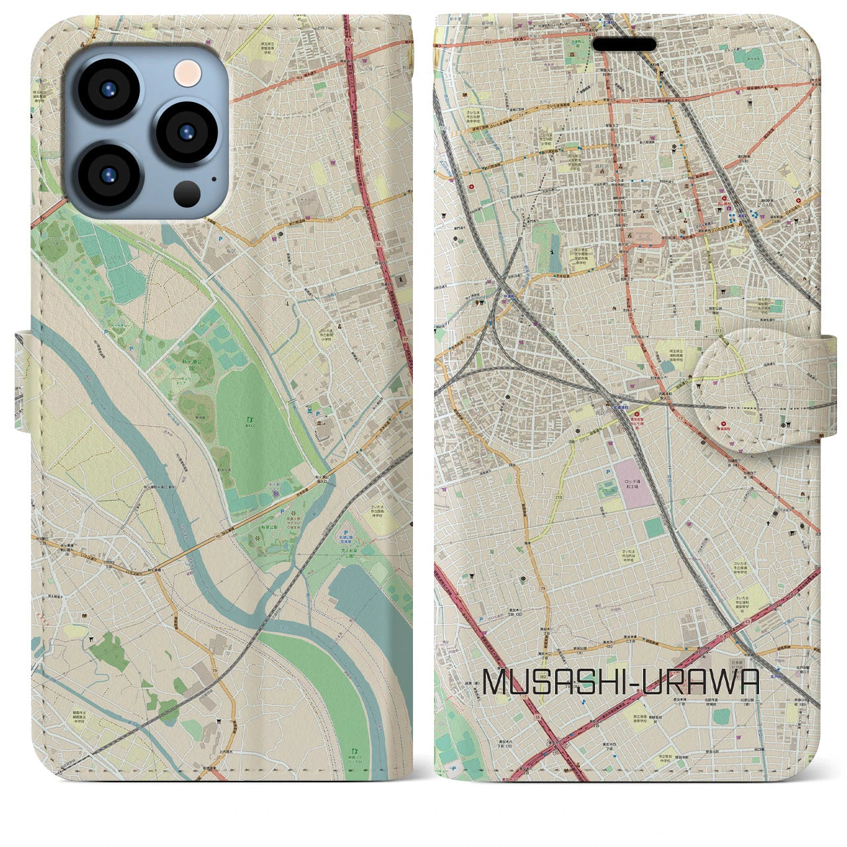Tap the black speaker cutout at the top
point(624,44)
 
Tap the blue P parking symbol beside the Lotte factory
point(607,470)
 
